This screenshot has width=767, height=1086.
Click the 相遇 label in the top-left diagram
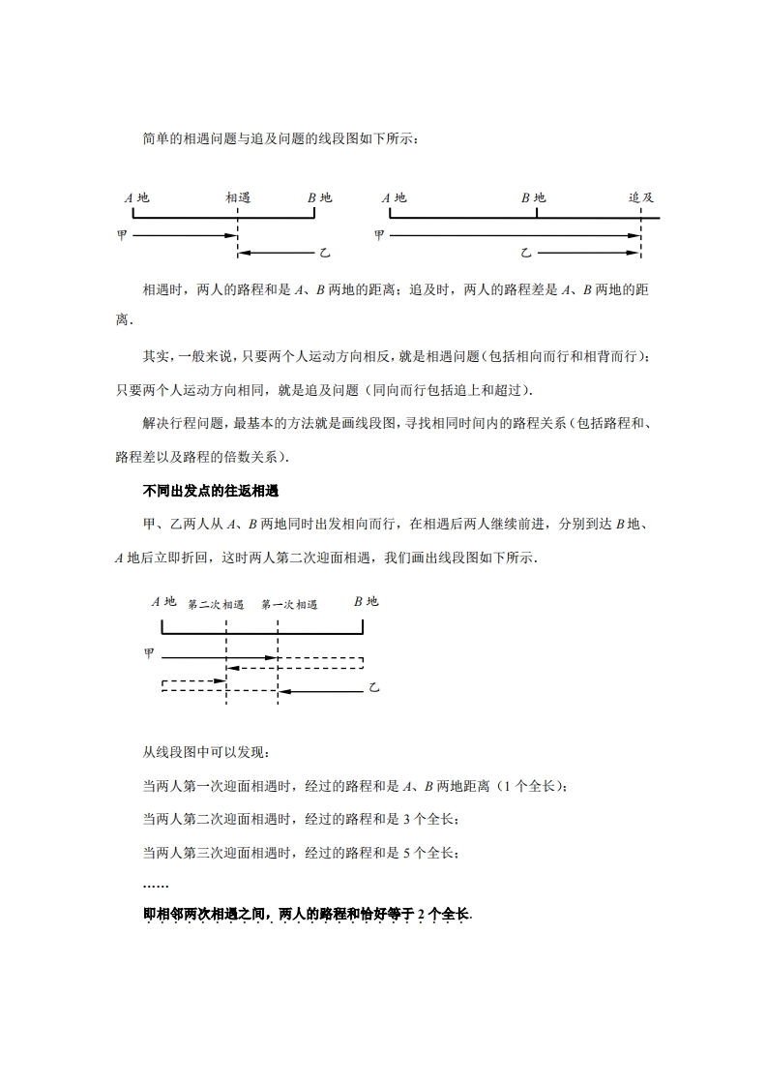click(x=238, y=197)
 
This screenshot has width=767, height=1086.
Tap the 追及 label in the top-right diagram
click(x=641, y=197)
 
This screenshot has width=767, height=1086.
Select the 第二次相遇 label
click(x=216, y=604)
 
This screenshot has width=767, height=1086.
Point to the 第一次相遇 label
click(x=289, y=604)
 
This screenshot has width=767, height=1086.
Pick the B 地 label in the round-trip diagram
click(x=366, y=601)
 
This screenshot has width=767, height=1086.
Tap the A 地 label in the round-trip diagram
click(x=163, y=601)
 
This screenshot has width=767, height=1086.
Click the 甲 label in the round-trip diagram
click(x=149, y=654)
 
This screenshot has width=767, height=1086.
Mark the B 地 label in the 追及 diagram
click(x=533, y=197)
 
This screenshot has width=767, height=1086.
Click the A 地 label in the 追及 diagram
click(x=394, y=197)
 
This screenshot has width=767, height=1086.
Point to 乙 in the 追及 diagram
click(x=526, y=253)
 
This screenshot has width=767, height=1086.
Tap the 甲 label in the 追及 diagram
click(x=379, y=234)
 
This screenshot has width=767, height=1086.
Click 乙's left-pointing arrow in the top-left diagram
click(x=276, y=253)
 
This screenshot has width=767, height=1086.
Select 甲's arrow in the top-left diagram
click(x=184, y=234)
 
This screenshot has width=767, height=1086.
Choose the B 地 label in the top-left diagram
click(x=319, y=197)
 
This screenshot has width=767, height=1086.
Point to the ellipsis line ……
click(x=155, y=885)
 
